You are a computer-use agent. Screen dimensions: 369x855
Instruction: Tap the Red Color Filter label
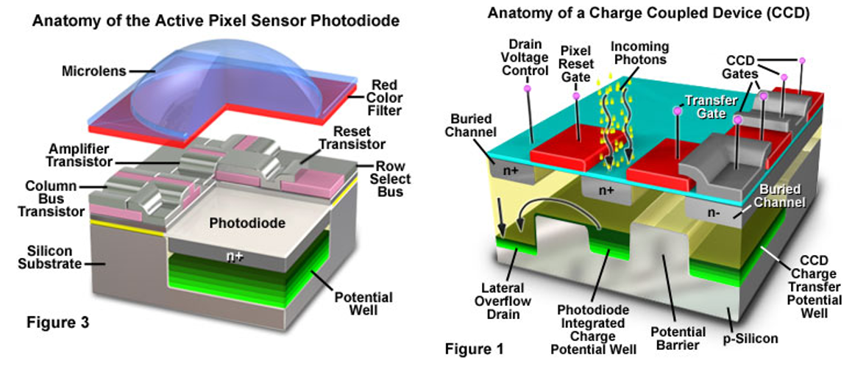point(385,98)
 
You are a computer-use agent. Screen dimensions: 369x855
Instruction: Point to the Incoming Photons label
point(639,53)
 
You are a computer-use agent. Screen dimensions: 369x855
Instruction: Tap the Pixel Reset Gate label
point(576,65)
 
